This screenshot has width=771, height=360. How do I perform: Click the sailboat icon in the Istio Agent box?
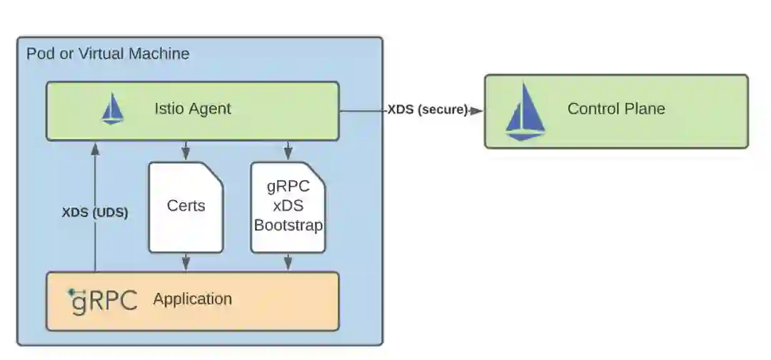(x=113, y=109)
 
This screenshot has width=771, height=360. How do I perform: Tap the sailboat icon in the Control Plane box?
(x=525, y=111)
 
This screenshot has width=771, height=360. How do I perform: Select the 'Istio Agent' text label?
(x=193, y=109)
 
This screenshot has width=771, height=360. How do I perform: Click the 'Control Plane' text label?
(x=616, y=109)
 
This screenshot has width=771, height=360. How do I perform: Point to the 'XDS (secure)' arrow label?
(x=428, y=110)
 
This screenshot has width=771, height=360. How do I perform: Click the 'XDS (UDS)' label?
(x=95, y=212)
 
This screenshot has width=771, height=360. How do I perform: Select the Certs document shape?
(x=186, y=207)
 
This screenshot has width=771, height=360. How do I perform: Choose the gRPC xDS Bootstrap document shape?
(x=288, y=207)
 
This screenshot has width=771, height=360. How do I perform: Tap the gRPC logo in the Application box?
(x=104, y=301)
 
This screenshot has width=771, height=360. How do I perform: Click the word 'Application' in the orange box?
(x=192, y=299)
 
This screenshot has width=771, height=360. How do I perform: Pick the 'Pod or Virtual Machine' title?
(x=108, y=54)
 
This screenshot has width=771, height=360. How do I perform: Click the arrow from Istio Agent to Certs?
(x=186, y=151)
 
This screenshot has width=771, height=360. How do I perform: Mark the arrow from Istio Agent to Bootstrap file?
(x=288, y=151)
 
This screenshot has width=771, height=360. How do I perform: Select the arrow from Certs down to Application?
(x=186, y=262)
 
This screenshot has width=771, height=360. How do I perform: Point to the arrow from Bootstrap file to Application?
(x=288, y=262)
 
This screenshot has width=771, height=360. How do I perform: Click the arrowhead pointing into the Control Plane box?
(x=477, y=110)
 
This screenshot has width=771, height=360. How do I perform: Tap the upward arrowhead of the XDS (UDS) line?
(x=95, y=148)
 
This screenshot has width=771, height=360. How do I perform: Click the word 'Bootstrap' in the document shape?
(x=288, y=225)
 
